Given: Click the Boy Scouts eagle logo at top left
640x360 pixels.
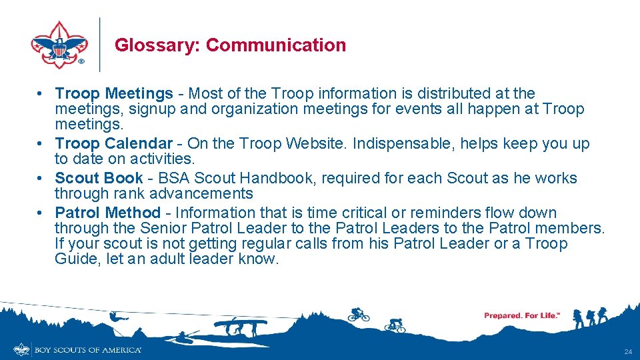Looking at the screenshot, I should click(x=59, y=45).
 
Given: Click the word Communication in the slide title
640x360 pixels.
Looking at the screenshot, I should click(x=276, y=45).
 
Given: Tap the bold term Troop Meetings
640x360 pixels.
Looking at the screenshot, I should click(x=114, y=93).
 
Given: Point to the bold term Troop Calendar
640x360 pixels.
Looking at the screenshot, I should click(x=113, y=143).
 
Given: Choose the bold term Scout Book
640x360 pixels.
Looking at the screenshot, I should click(x=99, y=178).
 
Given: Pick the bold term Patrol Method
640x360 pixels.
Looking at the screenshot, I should click(x=107, y=213).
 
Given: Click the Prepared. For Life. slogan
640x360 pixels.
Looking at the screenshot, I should click(x=521, y=315).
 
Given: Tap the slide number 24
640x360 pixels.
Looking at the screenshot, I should click(x=627, y=351).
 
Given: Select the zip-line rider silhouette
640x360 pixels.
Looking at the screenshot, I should click(x=116, y=317).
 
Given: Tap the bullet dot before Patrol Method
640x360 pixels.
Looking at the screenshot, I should click(x=41, y=213).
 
